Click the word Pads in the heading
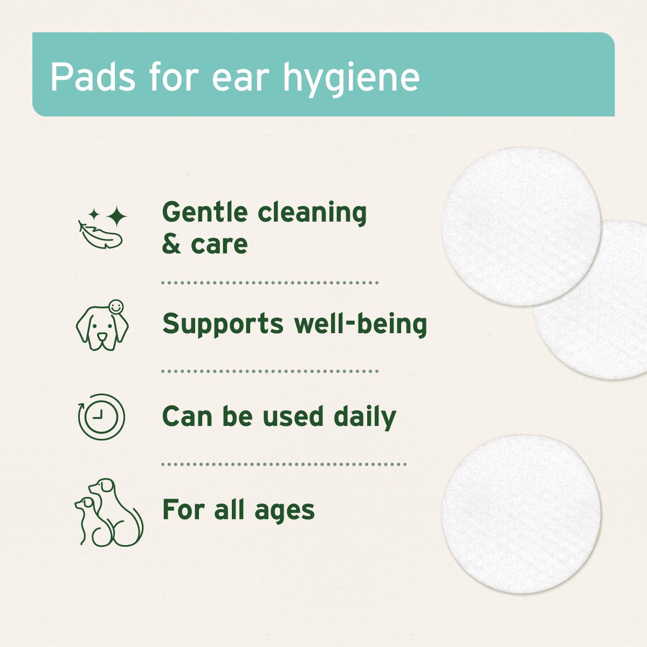(x=92, y=77)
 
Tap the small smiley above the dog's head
(x=115, y=307)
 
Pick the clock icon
(x=101, y=417)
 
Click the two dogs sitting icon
(x=108, y=512)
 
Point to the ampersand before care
(x=171, y=244)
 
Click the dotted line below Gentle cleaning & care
(x=270, y=283)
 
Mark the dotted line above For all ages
(x=284, y=464)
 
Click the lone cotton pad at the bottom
(x=521, y=513)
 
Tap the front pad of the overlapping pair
(x=521, y=226)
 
